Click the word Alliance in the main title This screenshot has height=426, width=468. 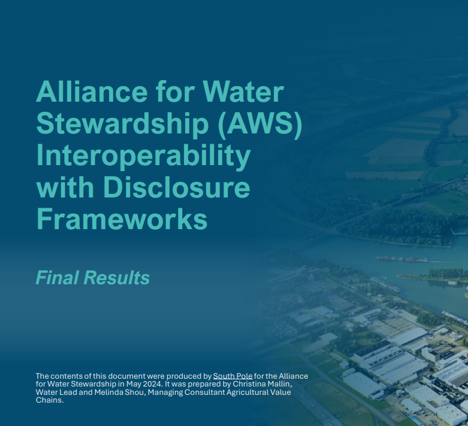pyautogui.click(x=92, y=92)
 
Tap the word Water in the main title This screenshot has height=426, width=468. pyautogui.click(x=243, y=92)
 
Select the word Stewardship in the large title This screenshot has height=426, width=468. pyautogui.click(x=122, y=124)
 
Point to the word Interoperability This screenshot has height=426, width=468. pyautogui.click(x=143, y=157)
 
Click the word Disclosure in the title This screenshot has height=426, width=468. pyautogui.click(x=176, y=187)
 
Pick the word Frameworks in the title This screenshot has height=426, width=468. pyautogui.click(x=122, y=219)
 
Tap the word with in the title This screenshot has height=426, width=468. pyautogui.click(x=65, y=187)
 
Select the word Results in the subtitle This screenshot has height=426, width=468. pyautogui.click(x=117, y=278)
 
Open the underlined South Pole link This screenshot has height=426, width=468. pyautogui.click(x=233, y=376)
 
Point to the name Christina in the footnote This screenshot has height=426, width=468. pyautogui.click(x=246, y=384)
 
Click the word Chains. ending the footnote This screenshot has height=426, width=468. pyautogui.click(x=50, y=400)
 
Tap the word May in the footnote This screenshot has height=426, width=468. pyautogui.click(x=134, y=384)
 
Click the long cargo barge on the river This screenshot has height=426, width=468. pyautogui.click(x=401, y=259)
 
